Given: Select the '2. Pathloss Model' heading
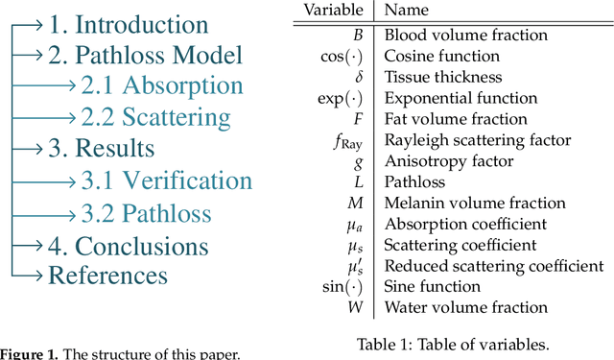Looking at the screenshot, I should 145,56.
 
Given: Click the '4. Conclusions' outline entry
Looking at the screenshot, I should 128,246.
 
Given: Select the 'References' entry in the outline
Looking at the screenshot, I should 107,276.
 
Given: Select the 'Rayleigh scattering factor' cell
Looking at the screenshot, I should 478,140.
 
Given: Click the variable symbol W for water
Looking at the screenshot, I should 359,307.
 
